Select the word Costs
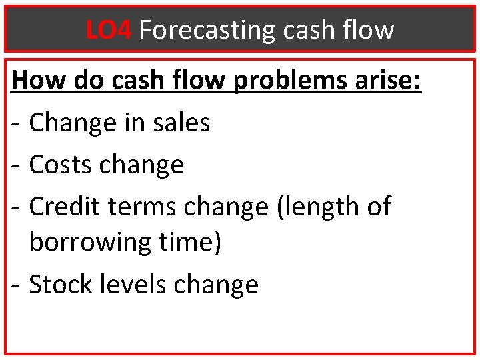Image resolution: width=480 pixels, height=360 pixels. point(62,164)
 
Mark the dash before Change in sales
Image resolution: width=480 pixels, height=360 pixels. point(17,124)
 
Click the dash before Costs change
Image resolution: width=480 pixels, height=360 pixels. point(17,165)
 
